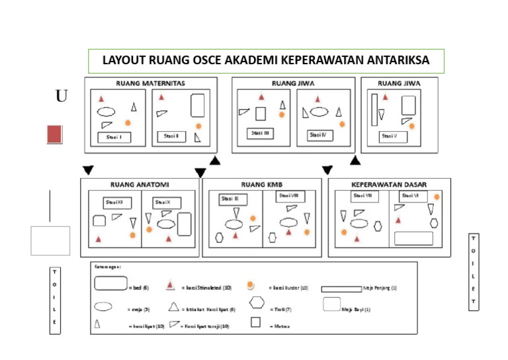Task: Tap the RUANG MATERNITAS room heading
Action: [x=150, y=83]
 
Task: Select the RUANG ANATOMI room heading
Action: [x=139, y=185]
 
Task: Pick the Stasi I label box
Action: [x=115, y=138]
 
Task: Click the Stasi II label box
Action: [x=172, y=136]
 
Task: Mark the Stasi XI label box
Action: [x=116, y=202]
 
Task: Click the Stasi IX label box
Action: [x=234, y=198]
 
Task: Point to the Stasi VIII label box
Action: [x=290, y=197]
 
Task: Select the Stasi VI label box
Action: [x=411, y=197]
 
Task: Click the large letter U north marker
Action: [x=62, y=97]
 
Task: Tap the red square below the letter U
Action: [x=55, y=134]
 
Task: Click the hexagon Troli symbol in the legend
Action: [x=257, y=303]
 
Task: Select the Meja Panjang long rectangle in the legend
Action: [x=341, y=289]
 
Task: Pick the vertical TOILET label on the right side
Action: [x=473, y=271]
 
